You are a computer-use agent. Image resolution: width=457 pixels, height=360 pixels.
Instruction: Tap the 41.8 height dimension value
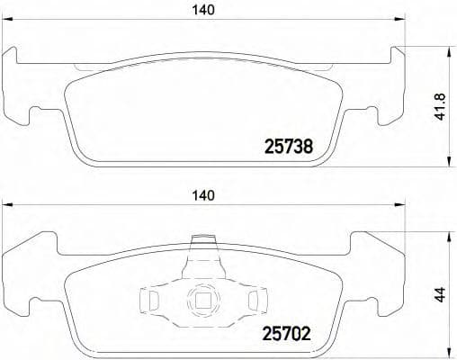[x=440, y=107]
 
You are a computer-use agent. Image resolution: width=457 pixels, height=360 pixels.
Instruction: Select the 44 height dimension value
[x=440, y=294]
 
